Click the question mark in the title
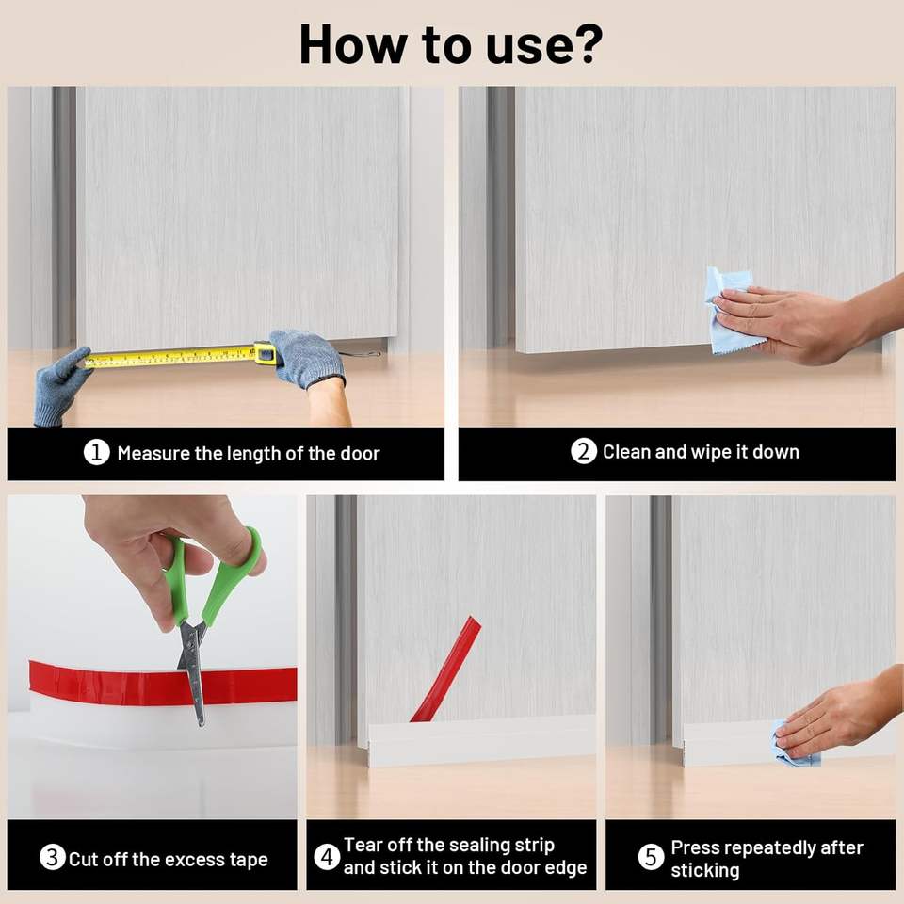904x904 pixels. [585, 44]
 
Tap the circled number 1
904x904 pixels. [96, 453]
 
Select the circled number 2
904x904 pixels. [584, 451]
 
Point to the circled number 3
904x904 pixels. [52, 857]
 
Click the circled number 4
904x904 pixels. [327, 856]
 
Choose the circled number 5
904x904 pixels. [651, 857]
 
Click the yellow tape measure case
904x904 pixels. [265, 353]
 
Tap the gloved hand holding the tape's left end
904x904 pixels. [61, 386]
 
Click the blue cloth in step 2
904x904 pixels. [729, 310]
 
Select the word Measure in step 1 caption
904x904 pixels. [153, 453]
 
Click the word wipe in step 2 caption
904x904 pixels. [710, 453]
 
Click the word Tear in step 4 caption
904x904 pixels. [363, 845]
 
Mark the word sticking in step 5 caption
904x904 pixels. [704, 870]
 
